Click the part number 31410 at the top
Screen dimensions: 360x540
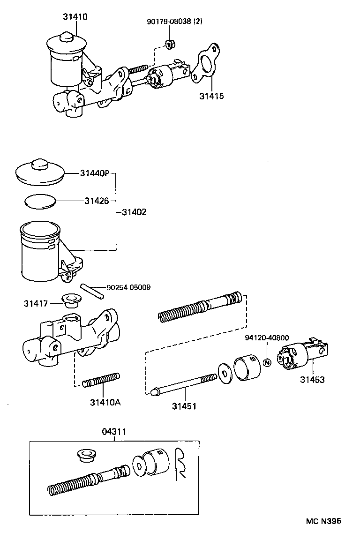[x=75, y=16]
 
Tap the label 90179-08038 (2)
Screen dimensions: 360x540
[x=175, y=22]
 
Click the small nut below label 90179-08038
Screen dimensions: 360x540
[x=170, y=44]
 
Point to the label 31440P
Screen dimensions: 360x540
[x=94, y=173]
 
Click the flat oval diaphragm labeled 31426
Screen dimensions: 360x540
[x=40, y=202]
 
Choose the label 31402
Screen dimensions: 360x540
[x=134, y=212]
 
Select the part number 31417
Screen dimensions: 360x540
[x=36, y=303]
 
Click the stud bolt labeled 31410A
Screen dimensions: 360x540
[x=101, y=380]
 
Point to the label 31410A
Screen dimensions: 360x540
[x=105, y=402]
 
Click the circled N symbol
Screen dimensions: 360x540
[x=267, y=362]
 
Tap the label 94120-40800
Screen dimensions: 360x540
[x=267, y=337]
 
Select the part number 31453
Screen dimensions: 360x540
[x=312, y=380]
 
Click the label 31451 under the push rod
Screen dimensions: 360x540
[x=184, y=406]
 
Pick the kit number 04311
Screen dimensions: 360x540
[x=114, y=432]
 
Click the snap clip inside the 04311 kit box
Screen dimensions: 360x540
[x=180, y=463]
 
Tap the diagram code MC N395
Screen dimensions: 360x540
[x=323, y=521]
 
